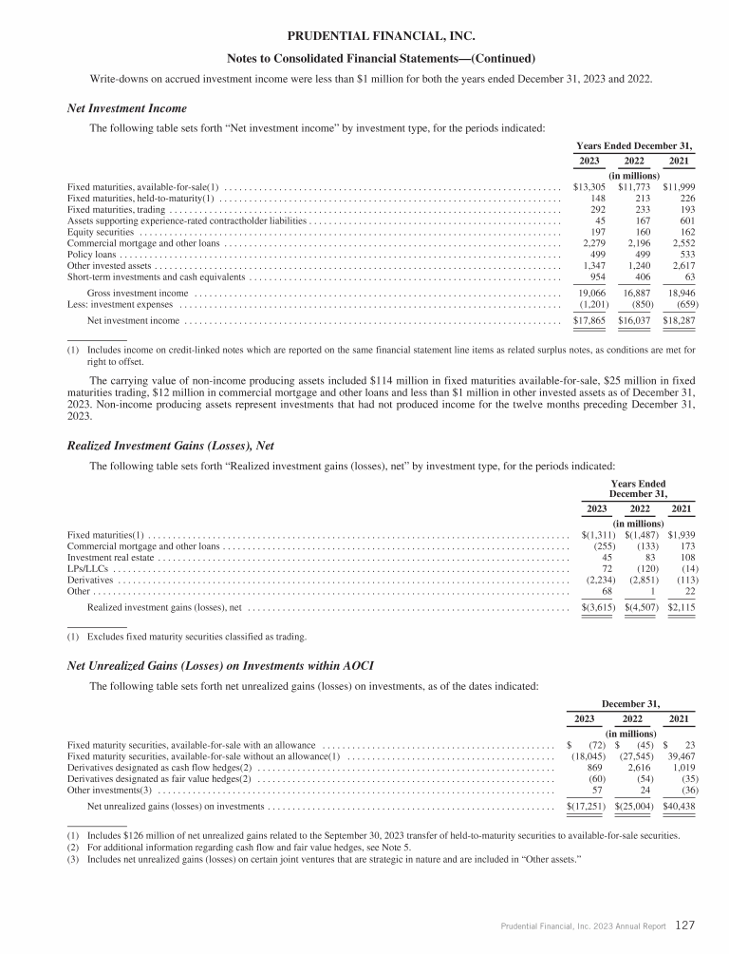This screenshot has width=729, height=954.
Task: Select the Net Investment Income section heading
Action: (x=127, y=108)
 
